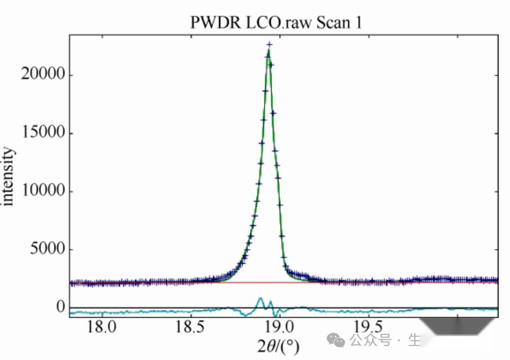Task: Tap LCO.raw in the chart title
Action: point(272,23)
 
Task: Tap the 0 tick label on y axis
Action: point(60,307)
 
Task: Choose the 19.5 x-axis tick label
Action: point(368,327)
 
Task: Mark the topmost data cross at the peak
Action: point(269,44)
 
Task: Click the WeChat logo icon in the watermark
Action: point(335,339)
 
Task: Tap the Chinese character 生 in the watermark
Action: point(414,340)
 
